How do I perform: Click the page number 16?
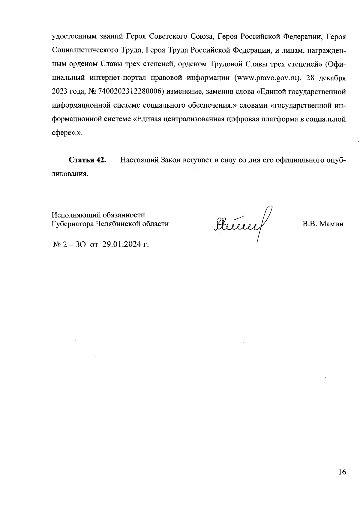pos(342,472)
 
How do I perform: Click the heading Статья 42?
pos(88,160)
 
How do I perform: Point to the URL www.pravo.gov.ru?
pos(268,78)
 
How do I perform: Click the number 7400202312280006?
pos(131,91)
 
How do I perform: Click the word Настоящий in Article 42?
pos(139,160)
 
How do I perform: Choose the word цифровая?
pos(245,119)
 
